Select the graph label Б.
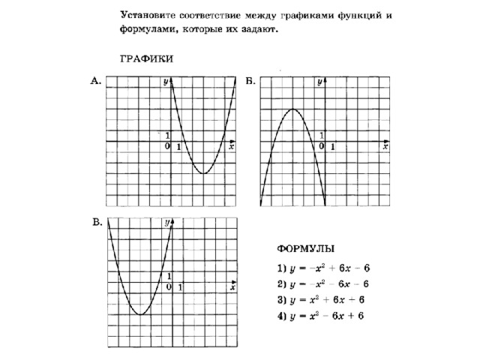tap(250, 83)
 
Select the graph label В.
tap(97, 223)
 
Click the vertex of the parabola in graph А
tap(203, 173)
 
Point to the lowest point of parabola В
tap(140, 314)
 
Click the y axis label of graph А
tap(166, 83)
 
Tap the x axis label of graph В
tap(232, 288)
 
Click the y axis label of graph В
tap(166, 223)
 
